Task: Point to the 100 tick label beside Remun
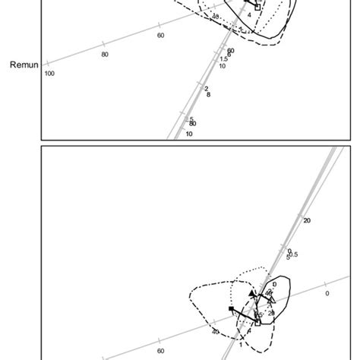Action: coord(50,74)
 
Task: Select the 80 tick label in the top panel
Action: coord(105,54)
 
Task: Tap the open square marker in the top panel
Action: coord(257,7)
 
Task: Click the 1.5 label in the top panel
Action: coord(224,59)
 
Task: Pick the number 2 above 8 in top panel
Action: coord(207,89)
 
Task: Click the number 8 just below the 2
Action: coord(208,95)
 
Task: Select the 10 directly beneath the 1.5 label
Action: coord(222,66)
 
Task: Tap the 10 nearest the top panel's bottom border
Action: coord(189,134)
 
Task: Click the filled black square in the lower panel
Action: coord(232,309)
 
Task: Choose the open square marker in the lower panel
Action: coord(257,323)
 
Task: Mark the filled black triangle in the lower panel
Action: coord(252,293)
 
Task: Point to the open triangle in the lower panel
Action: coord(271,300)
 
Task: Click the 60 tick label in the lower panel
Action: coord(160,351)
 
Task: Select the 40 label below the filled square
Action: coord(216,332)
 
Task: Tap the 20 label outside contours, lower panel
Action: coord(307,221)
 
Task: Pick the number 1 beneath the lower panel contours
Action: coord(241,344)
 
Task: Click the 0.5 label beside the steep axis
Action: coord(294,254)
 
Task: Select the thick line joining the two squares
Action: coord(245,316)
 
